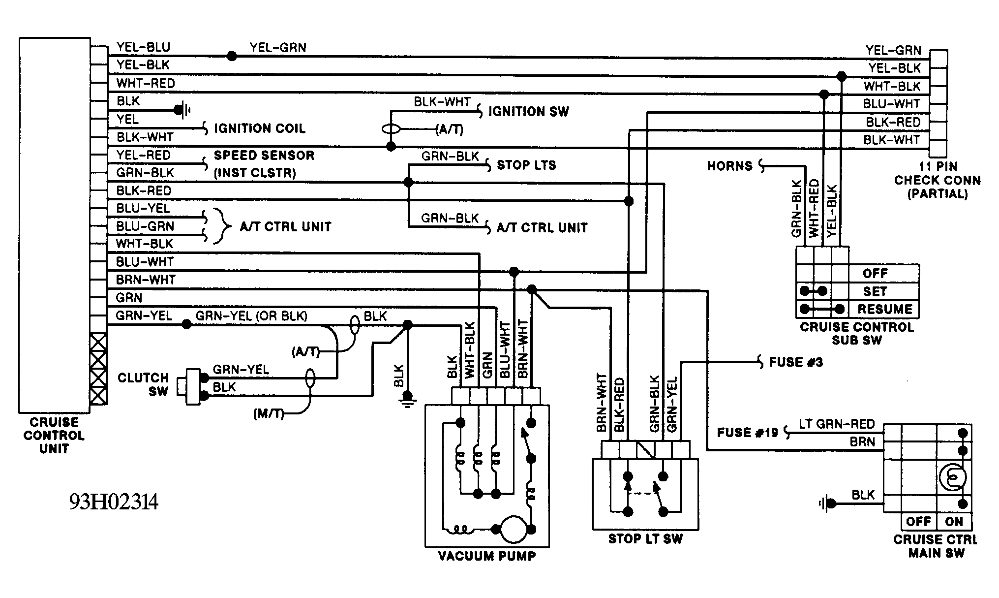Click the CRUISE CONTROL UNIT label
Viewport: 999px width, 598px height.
(54, 436)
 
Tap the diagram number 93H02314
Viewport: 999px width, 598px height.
(114, 503)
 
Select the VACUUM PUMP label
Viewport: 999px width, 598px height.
(487, 556)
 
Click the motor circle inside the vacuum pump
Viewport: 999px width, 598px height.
(514, 529)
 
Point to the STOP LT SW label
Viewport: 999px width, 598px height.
(645, 539)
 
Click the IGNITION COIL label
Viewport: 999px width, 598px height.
(260, 128)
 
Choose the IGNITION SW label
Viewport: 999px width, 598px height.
(529, 112)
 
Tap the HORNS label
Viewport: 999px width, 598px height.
(730, 166)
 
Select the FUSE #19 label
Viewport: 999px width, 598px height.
(748, 433)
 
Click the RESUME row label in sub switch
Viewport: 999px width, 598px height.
(885, 309)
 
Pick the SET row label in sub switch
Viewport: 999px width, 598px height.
(875, 291)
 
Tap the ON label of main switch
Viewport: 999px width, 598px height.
(954, 521)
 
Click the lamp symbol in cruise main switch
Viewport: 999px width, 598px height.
(953, 477)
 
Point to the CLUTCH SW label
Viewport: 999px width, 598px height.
(143, 384)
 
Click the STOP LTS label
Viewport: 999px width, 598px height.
(526, 165)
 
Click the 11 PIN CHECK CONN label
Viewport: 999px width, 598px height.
(938, 180)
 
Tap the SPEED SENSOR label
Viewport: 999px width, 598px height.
(264, 156)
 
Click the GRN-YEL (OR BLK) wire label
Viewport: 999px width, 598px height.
(251, 316)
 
